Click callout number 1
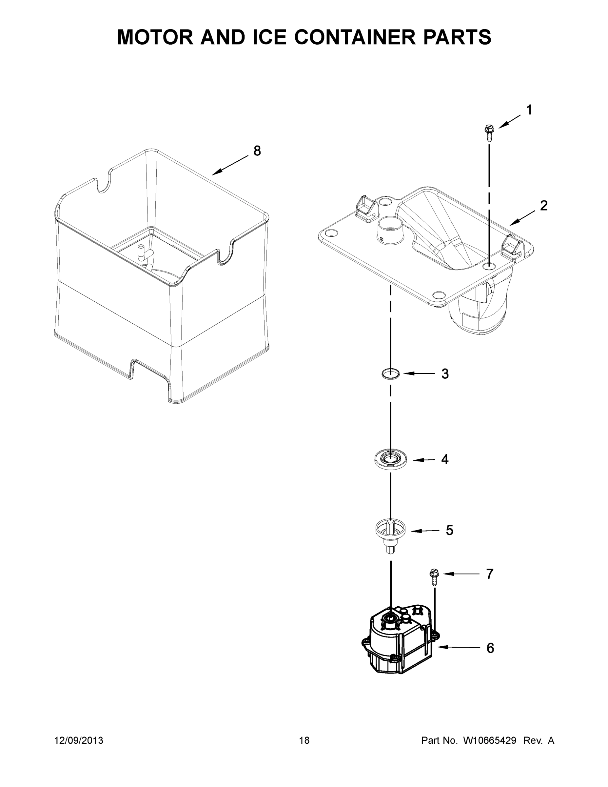(x=529, y=110)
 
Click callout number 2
(x=543, y=205)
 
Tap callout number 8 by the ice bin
(x=257, y=151)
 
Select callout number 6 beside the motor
(x=490, y=648)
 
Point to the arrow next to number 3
(x=419, y=374)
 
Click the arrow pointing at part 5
(x=425, y=531)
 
